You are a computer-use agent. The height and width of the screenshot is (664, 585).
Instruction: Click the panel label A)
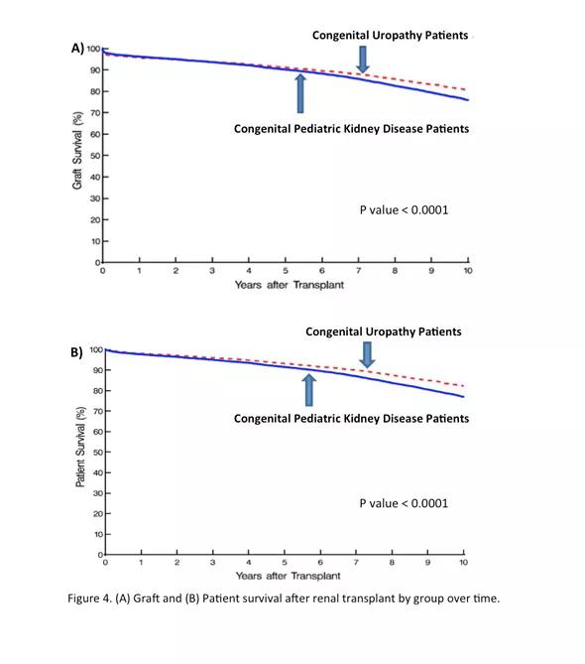(x=77, y=49)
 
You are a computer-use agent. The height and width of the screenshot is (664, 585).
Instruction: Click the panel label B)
(x=76, y=352)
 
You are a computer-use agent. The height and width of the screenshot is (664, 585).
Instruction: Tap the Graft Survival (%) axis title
(x=77, y=150)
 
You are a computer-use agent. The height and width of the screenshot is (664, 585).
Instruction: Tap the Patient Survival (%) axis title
(x=80, y=447)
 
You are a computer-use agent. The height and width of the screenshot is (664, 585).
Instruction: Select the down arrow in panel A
(x=363, y=60)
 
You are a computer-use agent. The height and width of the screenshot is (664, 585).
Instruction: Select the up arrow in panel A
(x=300, y=93)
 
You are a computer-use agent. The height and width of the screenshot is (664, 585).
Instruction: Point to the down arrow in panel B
(x=367, y=355)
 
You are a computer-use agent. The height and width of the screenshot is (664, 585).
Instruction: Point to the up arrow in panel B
(x=309, y=390)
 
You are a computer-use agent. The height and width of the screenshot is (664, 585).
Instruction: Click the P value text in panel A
(x=404, y=210)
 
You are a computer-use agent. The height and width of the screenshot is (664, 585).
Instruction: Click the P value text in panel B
(x=404, y=503)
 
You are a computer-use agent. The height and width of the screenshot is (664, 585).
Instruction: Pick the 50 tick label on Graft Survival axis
(x=94, y=156)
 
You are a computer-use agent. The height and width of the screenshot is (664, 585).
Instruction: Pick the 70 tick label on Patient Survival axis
(x=98, y=411)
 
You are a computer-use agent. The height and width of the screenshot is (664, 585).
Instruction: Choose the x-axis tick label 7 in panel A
(x=358, y=271)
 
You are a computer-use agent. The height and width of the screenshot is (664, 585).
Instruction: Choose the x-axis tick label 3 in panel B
(x=213, y=563)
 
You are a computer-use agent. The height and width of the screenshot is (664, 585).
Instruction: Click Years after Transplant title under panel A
(x=290, y=285)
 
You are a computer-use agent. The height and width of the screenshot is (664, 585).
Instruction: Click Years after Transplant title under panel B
(x=289, y=576)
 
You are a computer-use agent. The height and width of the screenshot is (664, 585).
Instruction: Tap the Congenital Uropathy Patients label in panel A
(x=390, y=35)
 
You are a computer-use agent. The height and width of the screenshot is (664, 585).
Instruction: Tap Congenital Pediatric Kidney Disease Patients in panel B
(x=352, y=419)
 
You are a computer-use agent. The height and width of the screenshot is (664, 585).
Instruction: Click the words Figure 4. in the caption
(x=89, y=598)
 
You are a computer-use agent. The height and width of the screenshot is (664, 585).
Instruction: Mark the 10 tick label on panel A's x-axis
(x=468, y=271)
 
